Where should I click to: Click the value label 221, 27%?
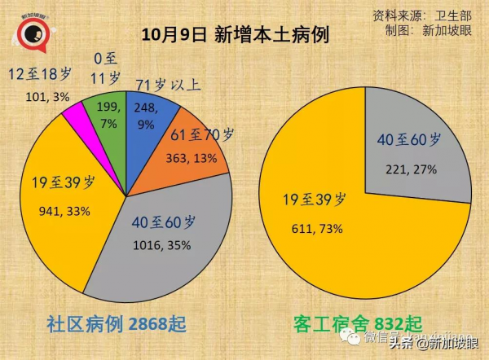pyautogui.click(x=411, y=169)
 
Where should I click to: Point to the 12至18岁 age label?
pyautogui.click(x=39, y=74)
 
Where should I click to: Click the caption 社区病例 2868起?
pyautogui.click(x=119, y=324)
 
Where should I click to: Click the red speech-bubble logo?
pyautogui.click(x=33, y=33)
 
